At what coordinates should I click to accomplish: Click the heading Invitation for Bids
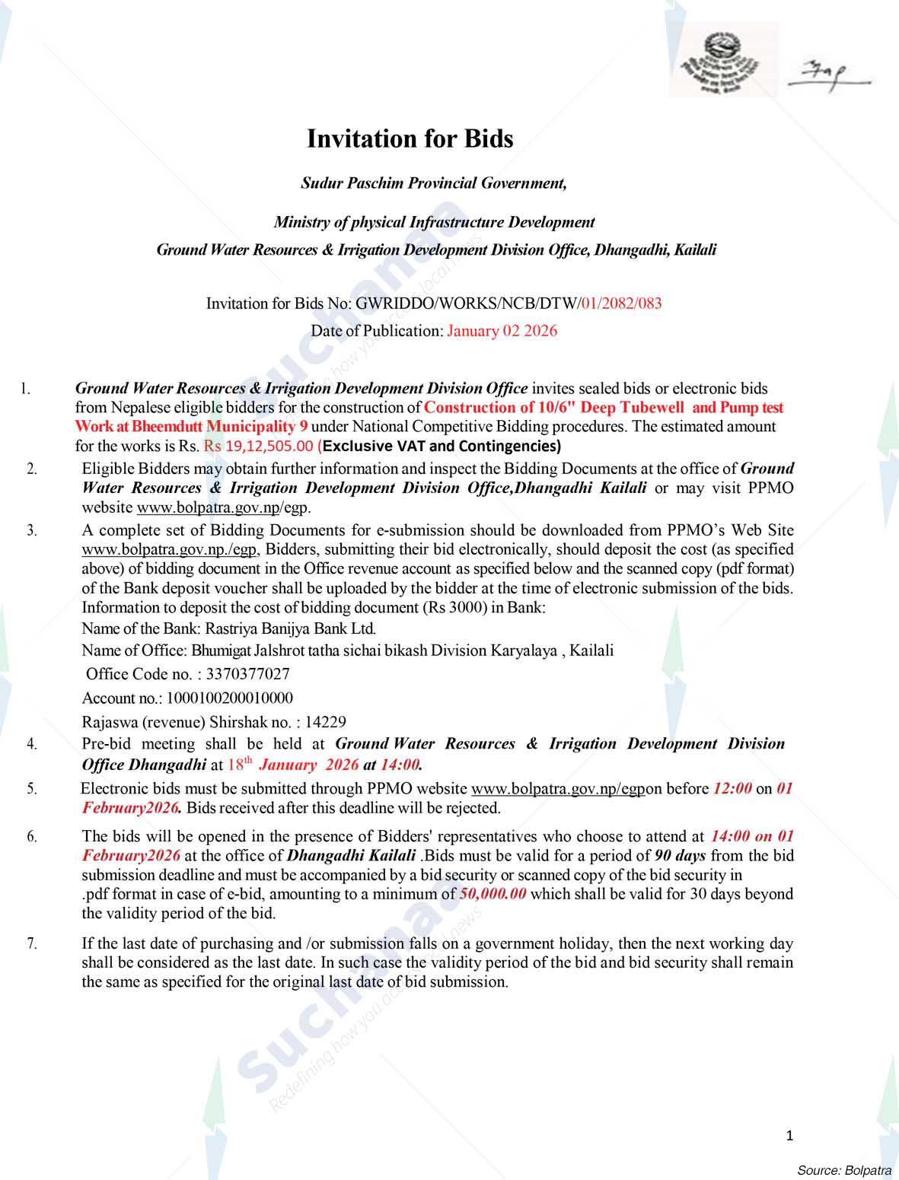click(x=410, y=139)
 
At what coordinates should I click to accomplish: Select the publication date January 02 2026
click(x=502, y=331)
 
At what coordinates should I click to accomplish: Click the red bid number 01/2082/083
click(x=621, y=304)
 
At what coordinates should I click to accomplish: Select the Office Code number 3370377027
click(x=247, y=674)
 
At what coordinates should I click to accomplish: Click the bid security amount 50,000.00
click(x=493, y=894)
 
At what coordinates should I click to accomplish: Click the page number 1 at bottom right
click(x=789, y=1136)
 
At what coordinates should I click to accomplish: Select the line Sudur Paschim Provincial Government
click(x=433, y=183)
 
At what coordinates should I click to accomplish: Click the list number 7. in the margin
click(x=32, y=944)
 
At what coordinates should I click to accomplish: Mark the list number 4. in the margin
click(x=32, y=745)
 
